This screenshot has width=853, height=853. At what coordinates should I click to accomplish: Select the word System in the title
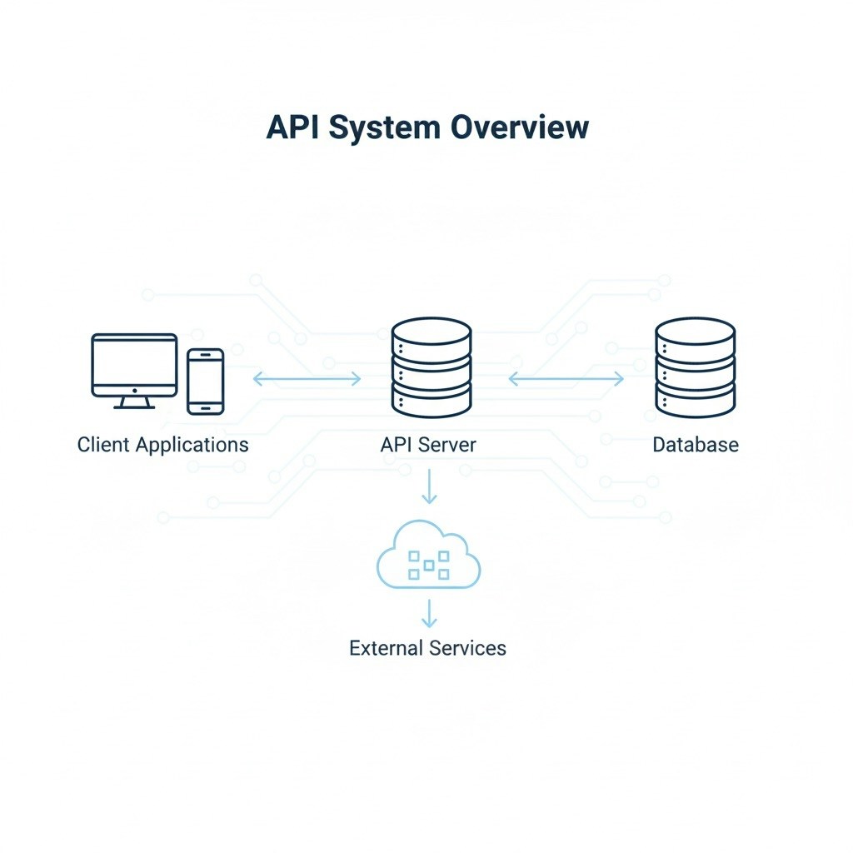point(382,127)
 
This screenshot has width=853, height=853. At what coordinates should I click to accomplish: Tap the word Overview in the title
point(519,127)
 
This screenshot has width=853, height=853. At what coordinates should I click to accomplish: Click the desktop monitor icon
point(134,367)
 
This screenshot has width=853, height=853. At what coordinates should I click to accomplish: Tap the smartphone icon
point(205,381)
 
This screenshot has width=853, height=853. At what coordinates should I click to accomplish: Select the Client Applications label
point(162,444)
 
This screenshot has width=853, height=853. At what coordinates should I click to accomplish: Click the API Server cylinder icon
point(431,367)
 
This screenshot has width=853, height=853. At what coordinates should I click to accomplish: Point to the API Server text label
point(428,444)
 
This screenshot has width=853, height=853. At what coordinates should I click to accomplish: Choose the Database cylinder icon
point(695,367)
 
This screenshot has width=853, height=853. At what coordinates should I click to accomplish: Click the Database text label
point(695,444)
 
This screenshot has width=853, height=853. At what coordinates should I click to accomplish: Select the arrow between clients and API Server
point(307,379)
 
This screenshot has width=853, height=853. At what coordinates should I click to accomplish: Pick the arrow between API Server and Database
point(566,379)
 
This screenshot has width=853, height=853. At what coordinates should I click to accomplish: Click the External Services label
point(427,647)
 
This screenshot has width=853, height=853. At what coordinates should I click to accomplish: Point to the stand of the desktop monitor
point(133,402)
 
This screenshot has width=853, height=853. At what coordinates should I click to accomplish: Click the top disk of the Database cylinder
point(695,334)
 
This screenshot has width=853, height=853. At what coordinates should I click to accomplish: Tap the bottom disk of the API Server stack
point(431,400)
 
